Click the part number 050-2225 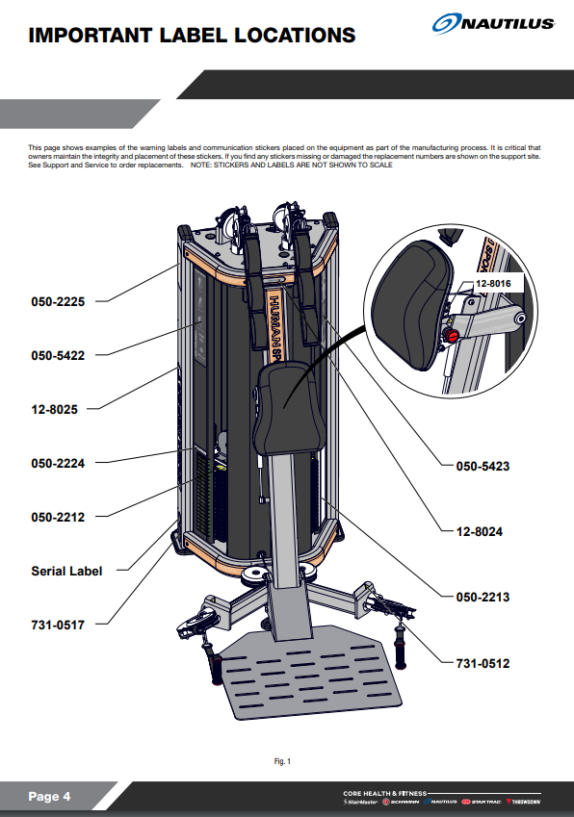coord(58,301)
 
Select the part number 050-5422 coord(58,355)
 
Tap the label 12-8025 coord(55,409)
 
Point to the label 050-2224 coord(58,463)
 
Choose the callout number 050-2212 coord(58,517)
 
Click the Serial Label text coord(66,571)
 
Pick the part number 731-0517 coord(58,625)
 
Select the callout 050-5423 coord(483,466)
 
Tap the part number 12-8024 coord(480,530)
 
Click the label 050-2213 coord(483,597)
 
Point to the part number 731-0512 coord(483,663)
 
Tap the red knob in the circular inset coord(449,335)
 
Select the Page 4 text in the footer coord(49,797)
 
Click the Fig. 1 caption coord(282,761)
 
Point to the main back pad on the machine coord(286,404)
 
